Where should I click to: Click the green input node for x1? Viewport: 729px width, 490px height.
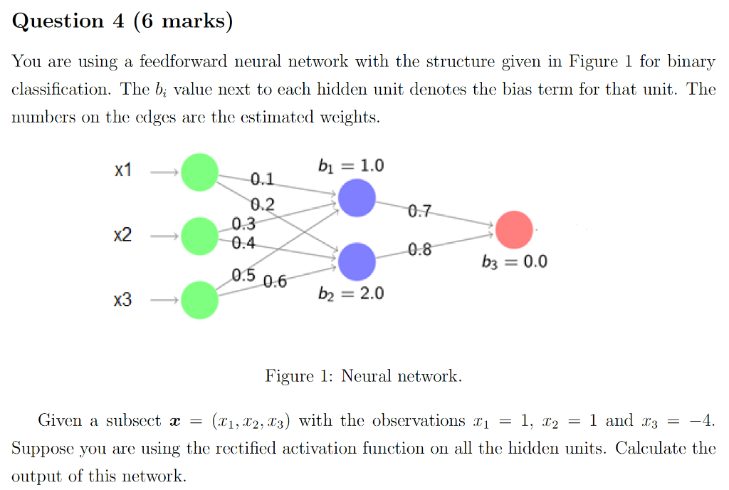tap(199, 172)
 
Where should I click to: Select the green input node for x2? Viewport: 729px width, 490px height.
tap(199, 236)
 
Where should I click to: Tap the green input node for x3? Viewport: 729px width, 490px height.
tap(199, 300)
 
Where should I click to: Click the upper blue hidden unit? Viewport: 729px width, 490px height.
tap(357, 198)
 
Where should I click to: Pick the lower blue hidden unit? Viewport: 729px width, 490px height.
tap(357, 261)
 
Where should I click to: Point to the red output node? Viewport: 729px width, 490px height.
tap(514, 229)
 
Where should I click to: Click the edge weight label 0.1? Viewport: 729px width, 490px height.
tap(261, 178)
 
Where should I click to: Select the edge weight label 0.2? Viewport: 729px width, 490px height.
tap(263, 205)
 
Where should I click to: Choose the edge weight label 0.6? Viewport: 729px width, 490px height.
tap(275, 281)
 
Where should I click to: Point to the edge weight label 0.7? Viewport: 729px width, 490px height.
tap(419, 211)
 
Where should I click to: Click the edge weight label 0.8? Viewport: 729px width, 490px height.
tap(419, 250)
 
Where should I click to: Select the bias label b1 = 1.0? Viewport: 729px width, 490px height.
tap(351, 166)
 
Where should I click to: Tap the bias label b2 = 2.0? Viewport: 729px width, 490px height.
tap(351, 293)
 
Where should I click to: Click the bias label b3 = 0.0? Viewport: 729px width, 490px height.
tap(515, 261)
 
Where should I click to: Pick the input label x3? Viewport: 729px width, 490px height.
tap(123, 301)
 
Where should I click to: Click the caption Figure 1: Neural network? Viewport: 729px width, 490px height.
tap(363, 375)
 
